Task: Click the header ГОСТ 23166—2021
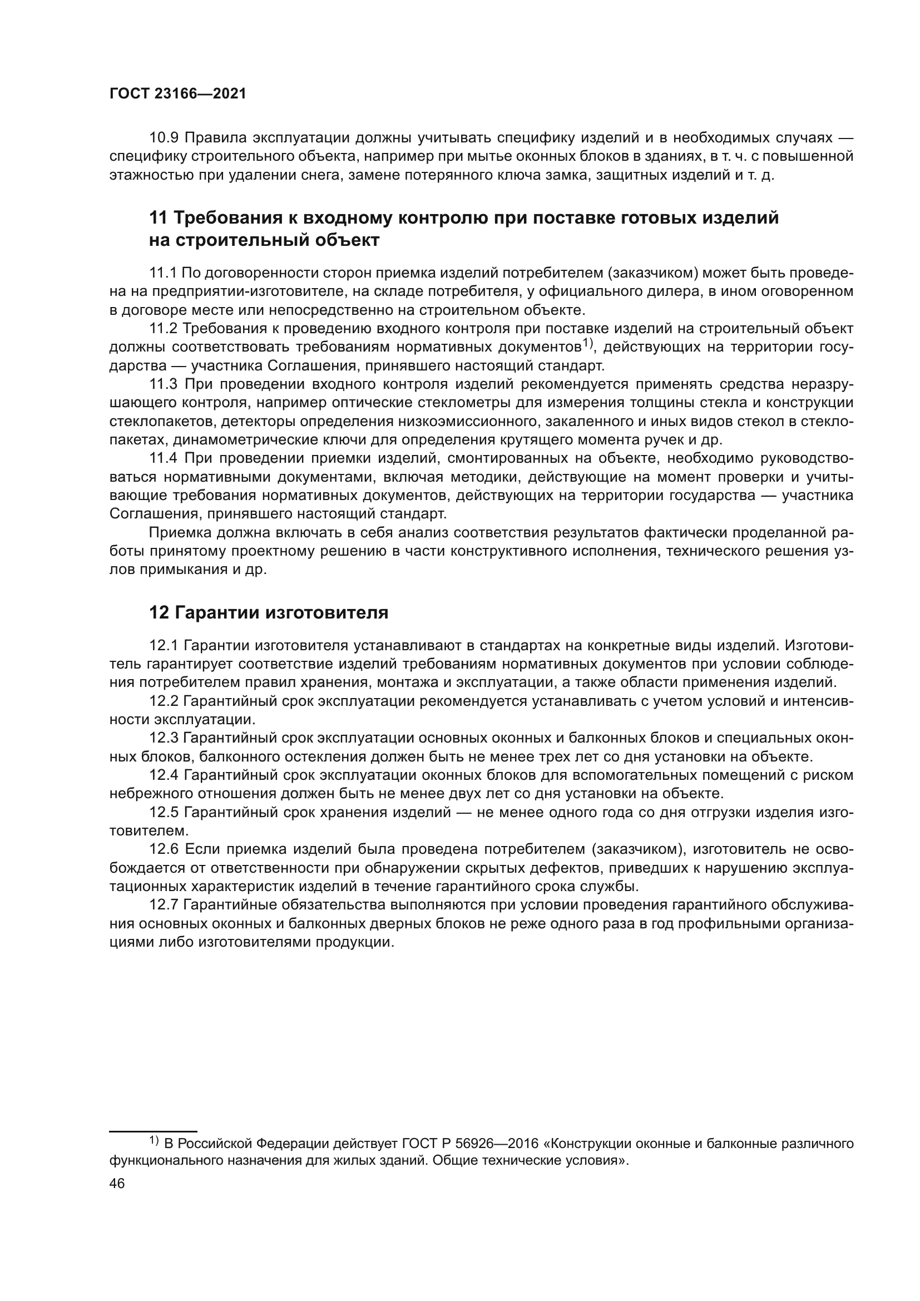pos(178,94)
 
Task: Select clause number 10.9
pos(164,138)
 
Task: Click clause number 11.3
pos(164,385)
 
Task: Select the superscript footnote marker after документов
pos(587,343)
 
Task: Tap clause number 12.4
pos(164,775)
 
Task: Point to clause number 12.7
pos(164,906)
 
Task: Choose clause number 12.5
pos(164,813)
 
